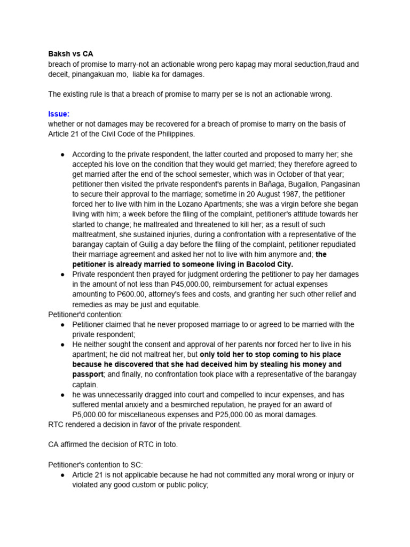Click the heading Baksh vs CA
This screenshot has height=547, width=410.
click(70, 54)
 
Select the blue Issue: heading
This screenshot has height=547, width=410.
click(59, 114)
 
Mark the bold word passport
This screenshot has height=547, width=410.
click(88, 374)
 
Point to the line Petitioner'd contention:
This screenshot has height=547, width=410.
click(85, 315)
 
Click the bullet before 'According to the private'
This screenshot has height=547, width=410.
click(63, 154)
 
